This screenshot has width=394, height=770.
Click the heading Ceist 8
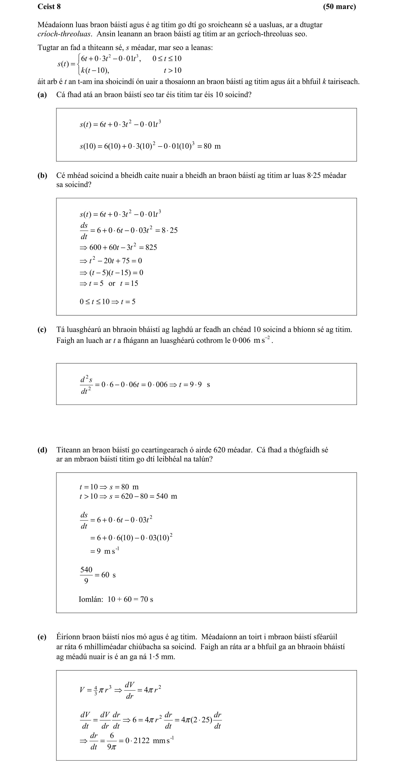[49, 6]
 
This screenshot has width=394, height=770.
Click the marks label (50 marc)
[339, 6]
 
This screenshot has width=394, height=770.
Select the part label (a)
[42, 95]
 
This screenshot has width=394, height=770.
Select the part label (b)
[42, 175]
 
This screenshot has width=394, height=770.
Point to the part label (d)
[42, 450]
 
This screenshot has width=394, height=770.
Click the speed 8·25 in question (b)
[314, 175]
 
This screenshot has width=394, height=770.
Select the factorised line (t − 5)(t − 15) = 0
[111, 273]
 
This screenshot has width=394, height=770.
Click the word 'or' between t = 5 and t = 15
[112, 283]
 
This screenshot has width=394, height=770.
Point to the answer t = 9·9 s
[194, 384]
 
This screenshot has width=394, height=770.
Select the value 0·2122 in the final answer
[137, 741]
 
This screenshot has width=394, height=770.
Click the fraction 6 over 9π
[112, 741]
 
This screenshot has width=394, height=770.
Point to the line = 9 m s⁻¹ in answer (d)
[105, 551]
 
